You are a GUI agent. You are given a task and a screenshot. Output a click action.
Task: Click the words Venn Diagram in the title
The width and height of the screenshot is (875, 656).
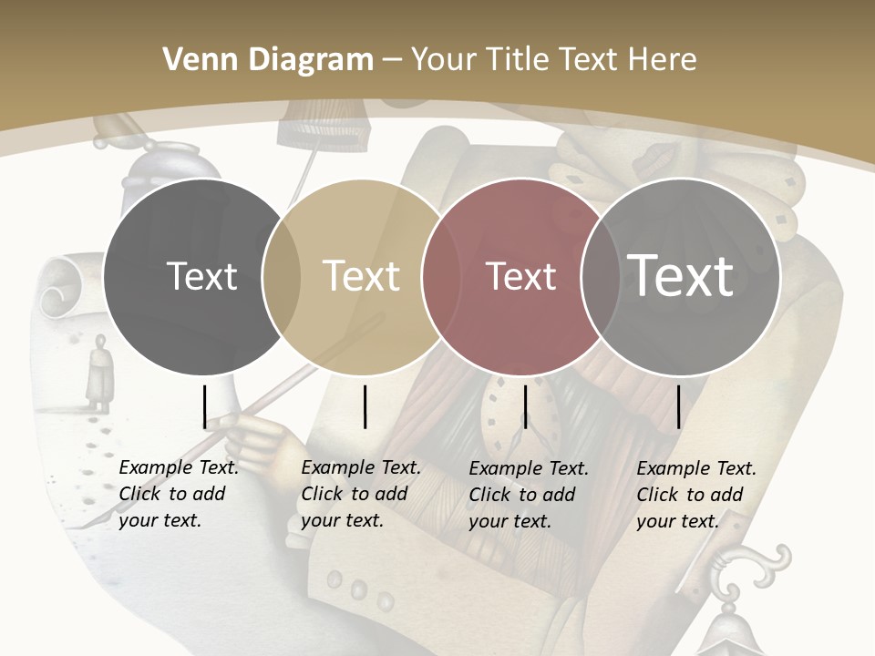pyautogui.click(x=268, y=60)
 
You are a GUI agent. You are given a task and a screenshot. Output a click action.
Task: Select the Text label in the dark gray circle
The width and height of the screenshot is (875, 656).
pyautogui.click(x=201, y=276)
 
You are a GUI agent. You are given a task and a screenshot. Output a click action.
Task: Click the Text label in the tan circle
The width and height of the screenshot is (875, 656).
pyautogui.click(x=362, y=276)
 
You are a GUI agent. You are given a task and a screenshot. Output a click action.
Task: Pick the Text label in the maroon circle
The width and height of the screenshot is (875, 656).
pyautogui.click(x=520, y=276)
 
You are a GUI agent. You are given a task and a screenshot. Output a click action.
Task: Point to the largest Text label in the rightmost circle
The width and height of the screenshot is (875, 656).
pyautogui.click(x=681, y=276)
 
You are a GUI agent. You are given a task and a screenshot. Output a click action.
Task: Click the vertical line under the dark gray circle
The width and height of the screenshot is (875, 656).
pyautogui.click(x=204, y=406)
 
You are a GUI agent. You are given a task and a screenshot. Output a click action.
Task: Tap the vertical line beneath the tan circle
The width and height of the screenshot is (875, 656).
pyautogui.click(x=365, y=406)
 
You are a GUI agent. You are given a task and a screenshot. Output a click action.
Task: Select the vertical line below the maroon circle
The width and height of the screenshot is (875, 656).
pyautogui.click(x=525, y=406)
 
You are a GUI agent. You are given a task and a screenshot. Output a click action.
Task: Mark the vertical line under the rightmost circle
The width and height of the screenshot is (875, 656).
pyautogui.click(x=678, y=406)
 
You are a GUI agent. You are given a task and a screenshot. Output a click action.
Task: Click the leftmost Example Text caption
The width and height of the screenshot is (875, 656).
pyautogui.click(x=178, y=494)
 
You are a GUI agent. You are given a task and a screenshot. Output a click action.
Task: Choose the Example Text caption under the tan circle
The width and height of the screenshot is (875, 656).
pyautogui.click(x=360, y=494)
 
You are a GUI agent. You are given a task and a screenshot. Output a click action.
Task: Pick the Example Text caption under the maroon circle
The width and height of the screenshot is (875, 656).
pyautogui.click(x=528, y=495)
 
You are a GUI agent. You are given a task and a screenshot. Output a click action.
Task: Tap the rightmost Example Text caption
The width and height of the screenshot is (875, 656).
pyautogui.click(x=695, y=495)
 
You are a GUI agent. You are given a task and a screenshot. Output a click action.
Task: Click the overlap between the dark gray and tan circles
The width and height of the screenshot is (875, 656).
pyautogui.click(x=282, y=276)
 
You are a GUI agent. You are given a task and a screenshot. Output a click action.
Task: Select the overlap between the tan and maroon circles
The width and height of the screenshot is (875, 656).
pyautogui.click(x=441, y=276)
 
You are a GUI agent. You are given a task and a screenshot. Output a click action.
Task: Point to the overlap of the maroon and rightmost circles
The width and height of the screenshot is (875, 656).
pyautogui.click(x=601, y=276)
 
